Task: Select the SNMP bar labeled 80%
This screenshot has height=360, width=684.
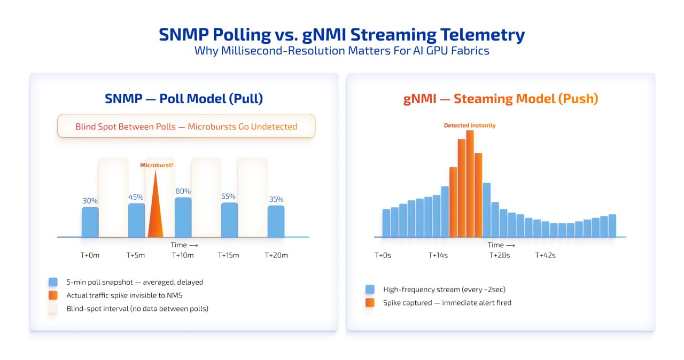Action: coord(183,217)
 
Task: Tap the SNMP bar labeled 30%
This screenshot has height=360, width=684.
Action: coord(90,222)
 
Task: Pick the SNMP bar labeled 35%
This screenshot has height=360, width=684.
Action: coord(276,221)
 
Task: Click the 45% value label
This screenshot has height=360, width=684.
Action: coord(136,197)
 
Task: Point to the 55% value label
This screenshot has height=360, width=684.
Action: coord(229,196)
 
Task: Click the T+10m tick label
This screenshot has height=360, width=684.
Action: coord(183,255)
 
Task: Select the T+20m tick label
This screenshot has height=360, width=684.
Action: coord(276,255)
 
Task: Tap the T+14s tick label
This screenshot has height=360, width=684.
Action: coord(438,255)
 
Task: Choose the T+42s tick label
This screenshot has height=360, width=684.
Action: coord(545,255)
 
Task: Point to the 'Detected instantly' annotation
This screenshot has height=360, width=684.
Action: coord(470,126)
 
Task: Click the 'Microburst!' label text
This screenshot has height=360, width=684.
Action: coord(157,165)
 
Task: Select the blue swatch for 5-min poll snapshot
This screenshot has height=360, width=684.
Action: coord(53,281)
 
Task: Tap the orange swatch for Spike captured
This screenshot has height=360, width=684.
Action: coord(370,303)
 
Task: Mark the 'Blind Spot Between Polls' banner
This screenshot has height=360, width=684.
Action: coord(186,127)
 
